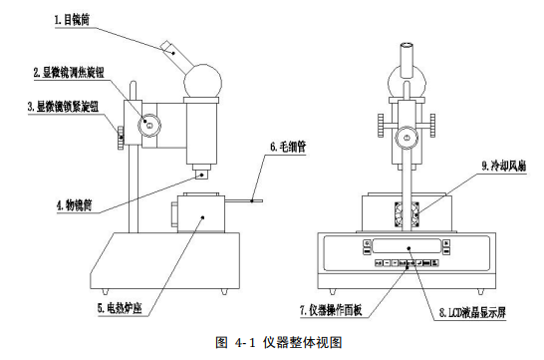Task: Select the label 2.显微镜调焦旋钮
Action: [x=72, y=72]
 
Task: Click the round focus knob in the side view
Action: [x=148, y=125]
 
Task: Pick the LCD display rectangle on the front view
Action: [x=408, y=248]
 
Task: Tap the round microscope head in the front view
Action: [x=408, y=76]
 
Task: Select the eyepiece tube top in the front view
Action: [x=408, y=47]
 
